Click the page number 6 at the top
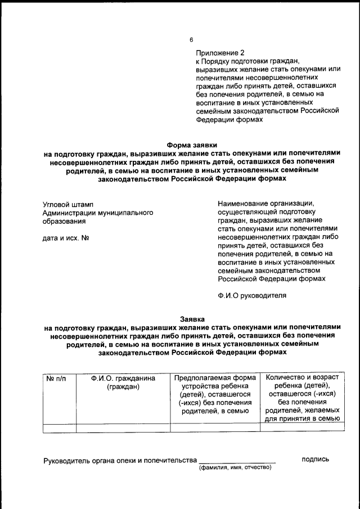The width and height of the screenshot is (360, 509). click(x=191, y=39)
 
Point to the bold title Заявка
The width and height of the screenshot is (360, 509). click(x=192, y=318)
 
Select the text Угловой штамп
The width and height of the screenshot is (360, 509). click(x=69, y=205)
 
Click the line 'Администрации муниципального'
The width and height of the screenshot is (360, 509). click(x=98, y=213)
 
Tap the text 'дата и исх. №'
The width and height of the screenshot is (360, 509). click(x=67, y=237)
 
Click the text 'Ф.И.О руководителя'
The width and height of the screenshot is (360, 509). click(x=252, y=295)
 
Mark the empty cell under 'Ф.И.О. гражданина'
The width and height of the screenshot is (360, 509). click(x=123, y=427)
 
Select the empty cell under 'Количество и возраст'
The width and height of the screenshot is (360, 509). click(x=302, y=427)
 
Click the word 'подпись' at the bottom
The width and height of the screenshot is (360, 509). click(x=315, y=460)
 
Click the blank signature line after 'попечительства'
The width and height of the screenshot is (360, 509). click(x=237, y=461)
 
